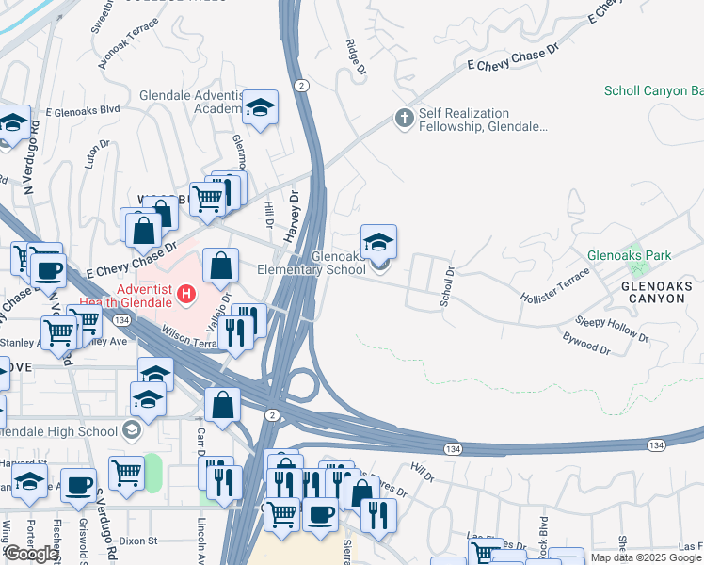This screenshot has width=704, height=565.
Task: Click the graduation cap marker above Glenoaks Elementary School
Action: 378,242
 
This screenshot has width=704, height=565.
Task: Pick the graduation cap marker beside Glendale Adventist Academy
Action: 260,108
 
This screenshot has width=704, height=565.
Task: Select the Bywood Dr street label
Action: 586,342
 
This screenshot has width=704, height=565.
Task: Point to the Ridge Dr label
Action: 355,56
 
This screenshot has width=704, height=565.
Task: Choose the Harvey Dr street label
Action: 293,210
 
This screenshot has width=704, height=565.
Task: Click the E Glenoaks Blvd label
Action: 83,110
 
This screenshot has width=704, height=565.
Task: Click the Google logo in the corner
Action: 31,554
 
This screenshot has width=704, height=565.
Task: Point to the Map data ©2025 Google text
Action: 645,557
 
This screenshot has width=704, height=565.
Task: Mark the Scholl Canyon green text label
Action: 653,91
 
